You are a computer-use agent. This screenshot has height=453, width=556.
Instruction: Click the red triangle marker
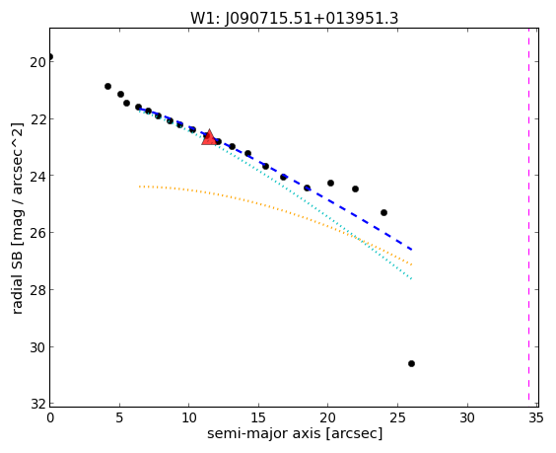click(209, 137)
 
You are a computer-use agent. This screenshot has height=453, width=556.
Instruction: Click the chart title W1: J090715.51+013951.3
click(295, 19)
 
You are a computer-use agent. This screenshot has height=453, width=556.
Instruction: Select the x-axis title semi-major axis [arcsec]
click(295, 434)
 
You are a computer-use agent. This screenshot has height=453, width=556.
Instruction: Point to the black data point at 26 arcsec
click(411, 363)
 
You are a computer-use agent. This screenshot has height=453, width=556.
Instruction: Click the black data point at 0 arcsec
click(50, 57)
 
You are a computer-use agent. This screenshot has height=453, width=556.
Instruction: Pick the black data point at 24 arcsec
click(383, 212)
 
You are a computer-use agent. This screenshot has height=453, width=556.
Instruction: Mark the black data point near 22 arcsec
click(355, 189)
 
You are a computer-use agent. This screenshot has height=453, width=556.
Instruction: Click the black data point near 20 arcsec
click(330, 183)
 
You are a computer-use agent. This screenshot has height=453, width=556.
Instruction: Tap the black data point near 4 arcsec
click(107, 86)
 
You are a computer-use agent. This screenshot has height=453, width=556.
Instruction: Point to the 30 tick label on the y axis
click(36, 347)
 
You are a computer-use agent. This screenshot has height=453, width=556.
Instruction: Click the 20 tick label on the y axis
click(36, 62)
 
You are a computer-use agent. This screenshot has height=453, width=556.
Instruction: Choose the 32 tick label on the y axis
click(36, 405)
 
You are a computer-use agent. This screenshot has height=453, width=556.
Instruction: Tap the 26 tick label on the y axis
click(36, 233)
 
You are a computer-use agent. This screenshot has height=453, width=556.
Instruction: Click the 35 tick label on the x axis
click(535, 418)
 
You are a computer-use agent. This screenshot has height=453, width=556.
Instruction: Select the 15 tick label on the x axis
click(258, 418)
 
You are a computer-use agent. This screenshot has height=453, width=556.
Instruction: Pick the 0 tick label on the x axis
click(50, 418)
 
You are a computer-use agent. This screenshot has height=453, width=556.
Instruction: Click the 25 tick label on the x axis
click(397, 418)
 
